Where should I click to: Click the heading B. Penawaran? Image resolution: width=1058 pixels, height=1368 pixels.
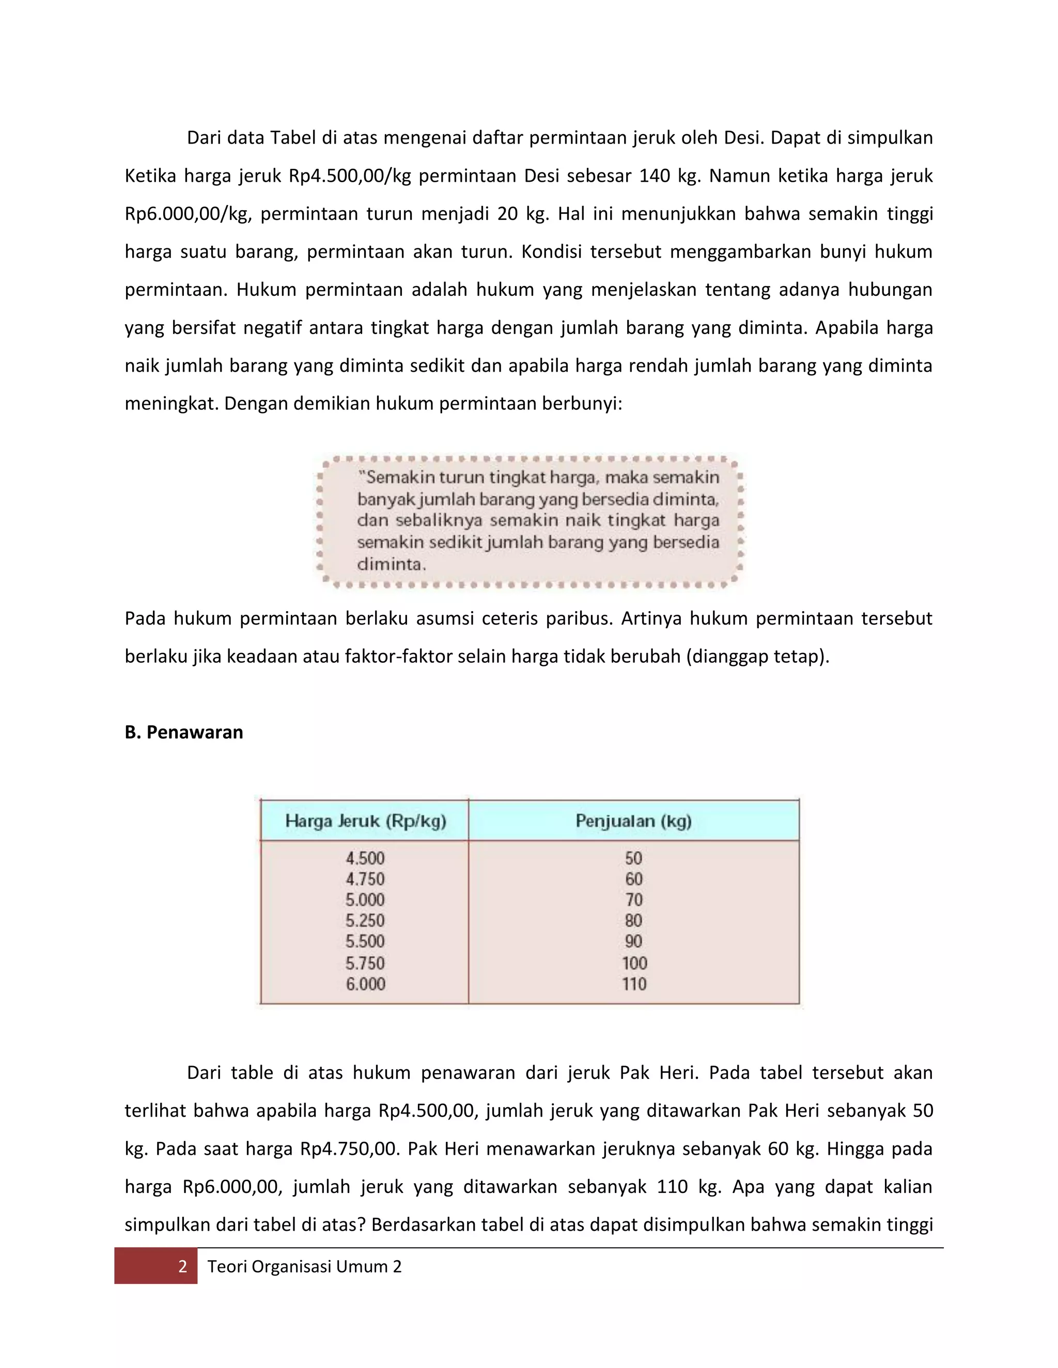[x=183, y=731]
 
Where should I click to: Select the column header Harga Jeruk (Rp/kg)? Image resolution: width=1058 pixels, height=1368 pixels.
[x=365, y=821]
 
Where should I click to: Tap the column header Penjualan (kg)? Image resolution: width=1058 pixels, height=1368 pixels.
[x=633, y=821]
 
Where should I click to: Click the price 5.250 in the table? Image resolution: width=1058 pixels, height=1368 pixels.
[x=365, y=920]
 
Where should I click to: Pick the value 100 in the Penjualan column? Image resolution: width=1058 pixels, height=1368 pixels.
[x=634, y=963]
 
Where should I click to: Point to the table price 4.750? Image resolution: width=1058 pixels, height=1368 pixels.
[x=365, y=879]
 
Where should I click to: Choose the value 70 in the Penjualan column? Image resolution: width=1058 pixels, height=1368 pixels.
[x=634, y=899]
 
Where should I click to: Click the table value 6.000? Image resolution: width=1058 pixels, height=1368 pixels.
[x=365, y=983]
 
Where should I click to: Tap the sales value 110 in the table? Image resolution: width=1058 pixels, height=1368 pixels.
[x=634, y=983]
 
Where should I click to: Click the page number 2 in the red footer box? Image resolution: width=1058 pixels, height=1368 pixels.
[x=182, y=1266]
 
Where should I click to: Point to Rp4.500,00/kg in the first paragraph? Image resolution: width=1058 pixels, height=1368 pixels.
[x=350, y=176]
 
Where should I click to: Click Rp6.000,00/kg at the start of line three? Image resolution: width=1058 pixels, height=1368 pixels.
[x=188, y=214]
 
